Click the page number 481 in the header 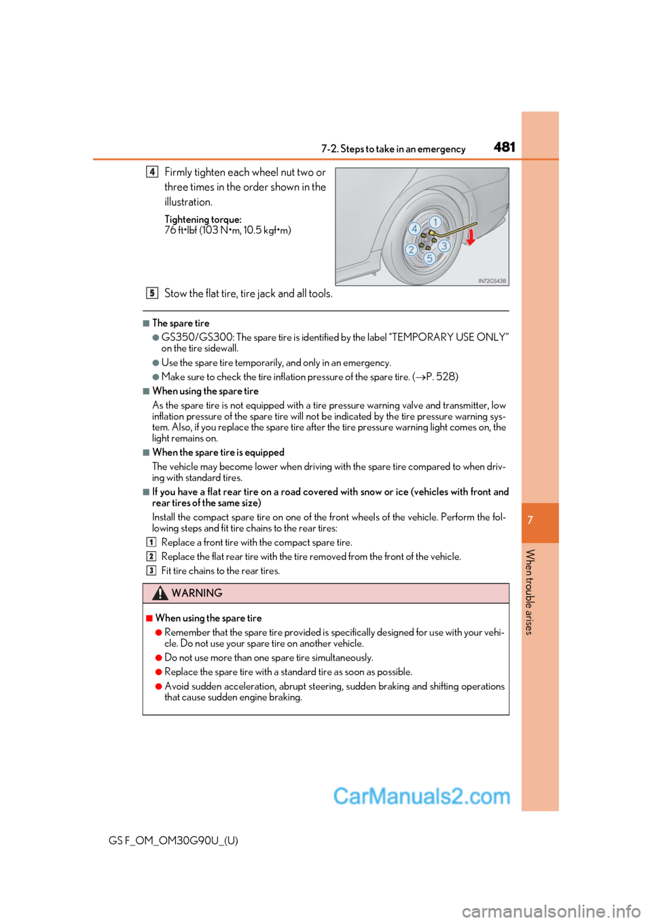[504, 147]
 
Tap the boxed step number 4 [152, 172]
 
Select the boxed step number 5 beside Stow [152, 293]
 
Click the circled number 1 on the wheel [435, 222]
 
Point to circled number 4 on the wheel [414, 229]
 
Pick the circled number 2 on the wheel [411, 250]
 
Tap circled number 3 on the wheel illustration [443, 246]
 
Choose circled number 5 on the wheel [429, 258]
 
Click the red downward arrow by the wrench [470, 237]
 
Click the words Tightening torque [202, 220]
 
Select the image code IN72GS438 [492, 281]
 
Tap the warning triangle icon [160, 593]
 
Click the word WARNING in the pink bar [197, 593]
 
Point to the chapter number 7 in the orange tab [530, 521]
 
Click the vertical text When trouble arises [530, 591]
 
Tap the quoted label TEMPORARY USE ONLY [448, 337]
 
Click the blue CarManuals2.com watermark [421, 796]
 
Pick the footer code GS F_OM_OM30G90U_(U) [173, 840]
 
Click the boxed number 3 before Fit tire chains [151, 571]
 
